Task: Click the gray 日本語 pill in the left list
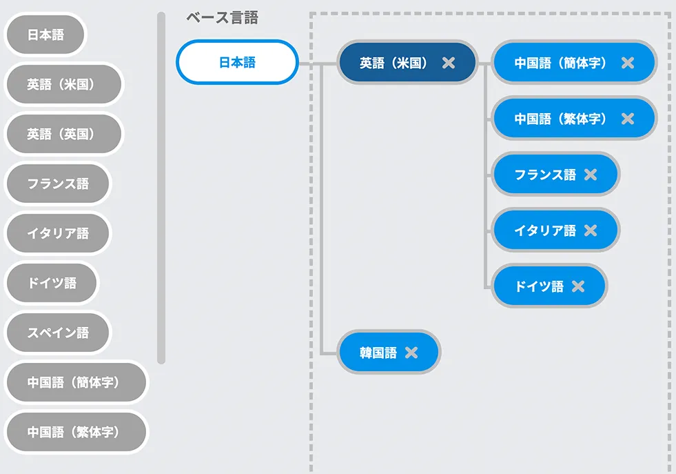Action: coord(45,34)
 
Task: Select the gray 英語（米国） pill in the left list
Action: coord(63,84)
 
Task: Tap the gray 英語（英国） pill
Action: coord(63,134)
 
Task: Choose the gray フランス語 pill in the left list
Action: coord(58,184)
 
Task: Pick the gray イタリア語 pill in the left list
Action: coord(58,233)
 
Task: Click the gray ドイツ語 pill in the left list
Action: coord(52,283)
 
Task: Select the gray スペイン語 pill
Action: coord(58,333)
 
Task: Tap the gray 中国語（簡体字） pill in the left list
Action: coord(76,382)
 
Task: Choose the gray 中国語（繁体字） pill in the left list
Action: coord(76,432)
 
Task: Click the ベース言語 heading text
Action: coord(222,19)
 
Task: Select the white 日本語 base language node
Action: coord(237,62)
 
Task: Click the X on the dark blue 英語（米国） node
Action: coord(449,63)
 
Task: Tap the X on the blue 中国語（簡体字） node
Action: coord(627,63)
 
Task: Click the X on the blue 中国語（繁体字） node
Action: coord(627,119)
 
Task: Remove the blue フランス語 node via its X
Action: coord(590,175)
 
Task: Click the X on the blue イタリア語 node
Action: coord(590,230)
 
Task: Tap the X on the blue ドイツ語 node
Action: coord(577,286)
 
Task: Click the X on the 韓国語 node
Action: coord(411,353)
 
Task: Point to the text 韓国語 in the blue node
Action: coord(378,353)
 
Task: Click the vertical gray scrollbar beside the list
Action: coord(161,186)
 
